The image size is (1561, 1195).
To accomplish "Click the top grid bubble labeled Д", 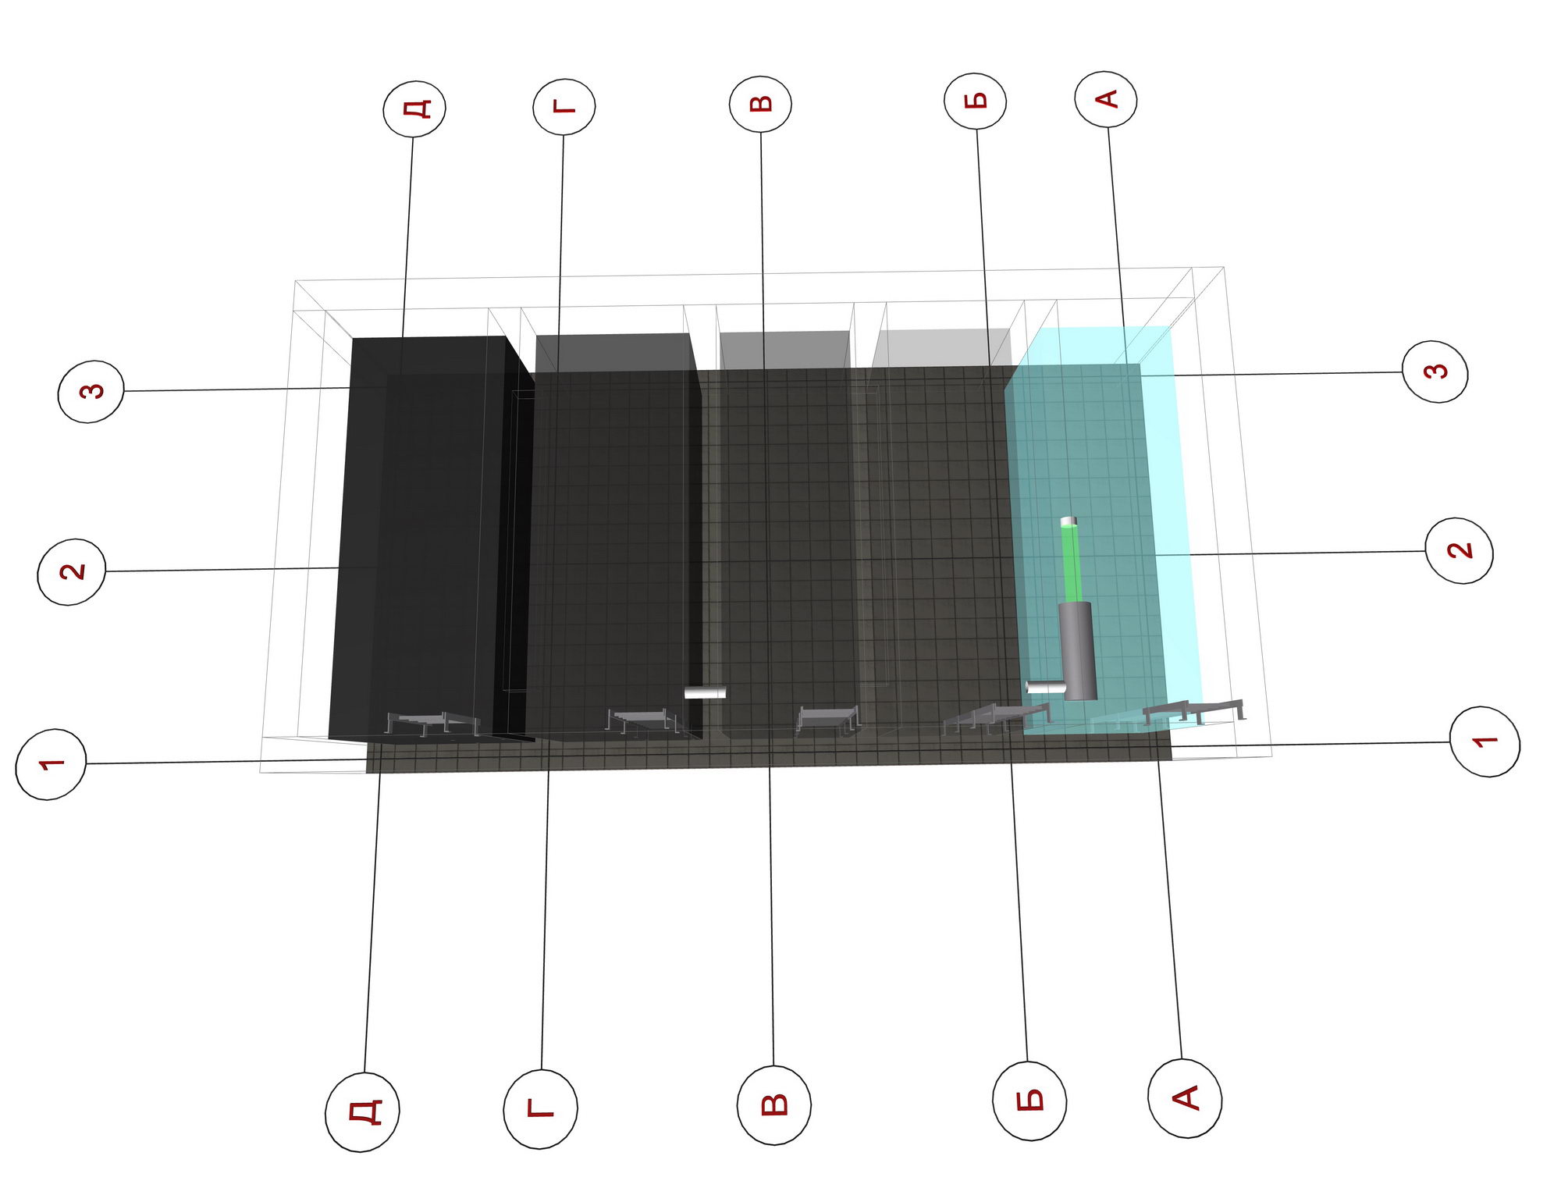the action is (414, 108).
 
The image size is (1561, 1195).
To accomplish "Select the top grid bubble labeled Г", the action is (564, 106).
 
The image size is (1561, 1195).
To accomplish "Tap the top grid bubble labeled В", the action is (761, 104).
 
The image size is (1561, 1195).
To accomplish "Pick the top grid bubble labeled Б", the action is (976, 101).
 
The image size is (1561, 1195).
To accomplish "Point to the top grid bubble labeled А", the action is (1106, 99).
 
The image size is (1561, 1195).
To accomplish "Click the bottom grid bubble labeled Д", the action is (362, 1111).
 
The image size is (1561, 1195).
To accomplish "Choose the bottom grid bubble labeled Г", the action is (541, 1108).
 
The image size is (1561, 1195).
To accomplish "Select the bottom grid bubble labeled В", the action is (774, 1104).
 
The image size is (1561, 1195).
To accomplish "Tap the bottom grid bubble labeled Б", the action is (1030, 1101).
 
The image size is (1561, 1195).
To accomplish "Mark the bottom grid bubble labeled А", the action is (1185, 1098).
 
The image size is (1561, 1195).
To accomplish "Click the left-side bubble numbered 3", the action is (91, 391).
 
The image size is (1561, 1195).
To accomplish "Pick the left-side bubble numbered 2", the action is (72, 571).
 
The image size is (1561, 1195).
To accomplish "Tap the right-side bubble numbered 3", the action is (1435, 372).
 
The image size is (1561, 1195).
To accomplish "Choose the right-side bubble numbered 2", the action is (1459, 550).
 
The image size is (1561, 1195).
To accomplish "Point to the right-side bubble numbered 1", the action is (1485, 742).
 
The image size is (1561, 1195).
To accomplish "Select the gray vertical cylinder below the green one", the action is (1078, 651).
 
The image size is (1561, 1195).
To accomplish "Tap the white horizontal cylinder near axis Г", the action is (706, 692).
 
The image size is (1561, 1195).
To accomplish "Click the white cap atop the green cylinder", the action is (1069, 521).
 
